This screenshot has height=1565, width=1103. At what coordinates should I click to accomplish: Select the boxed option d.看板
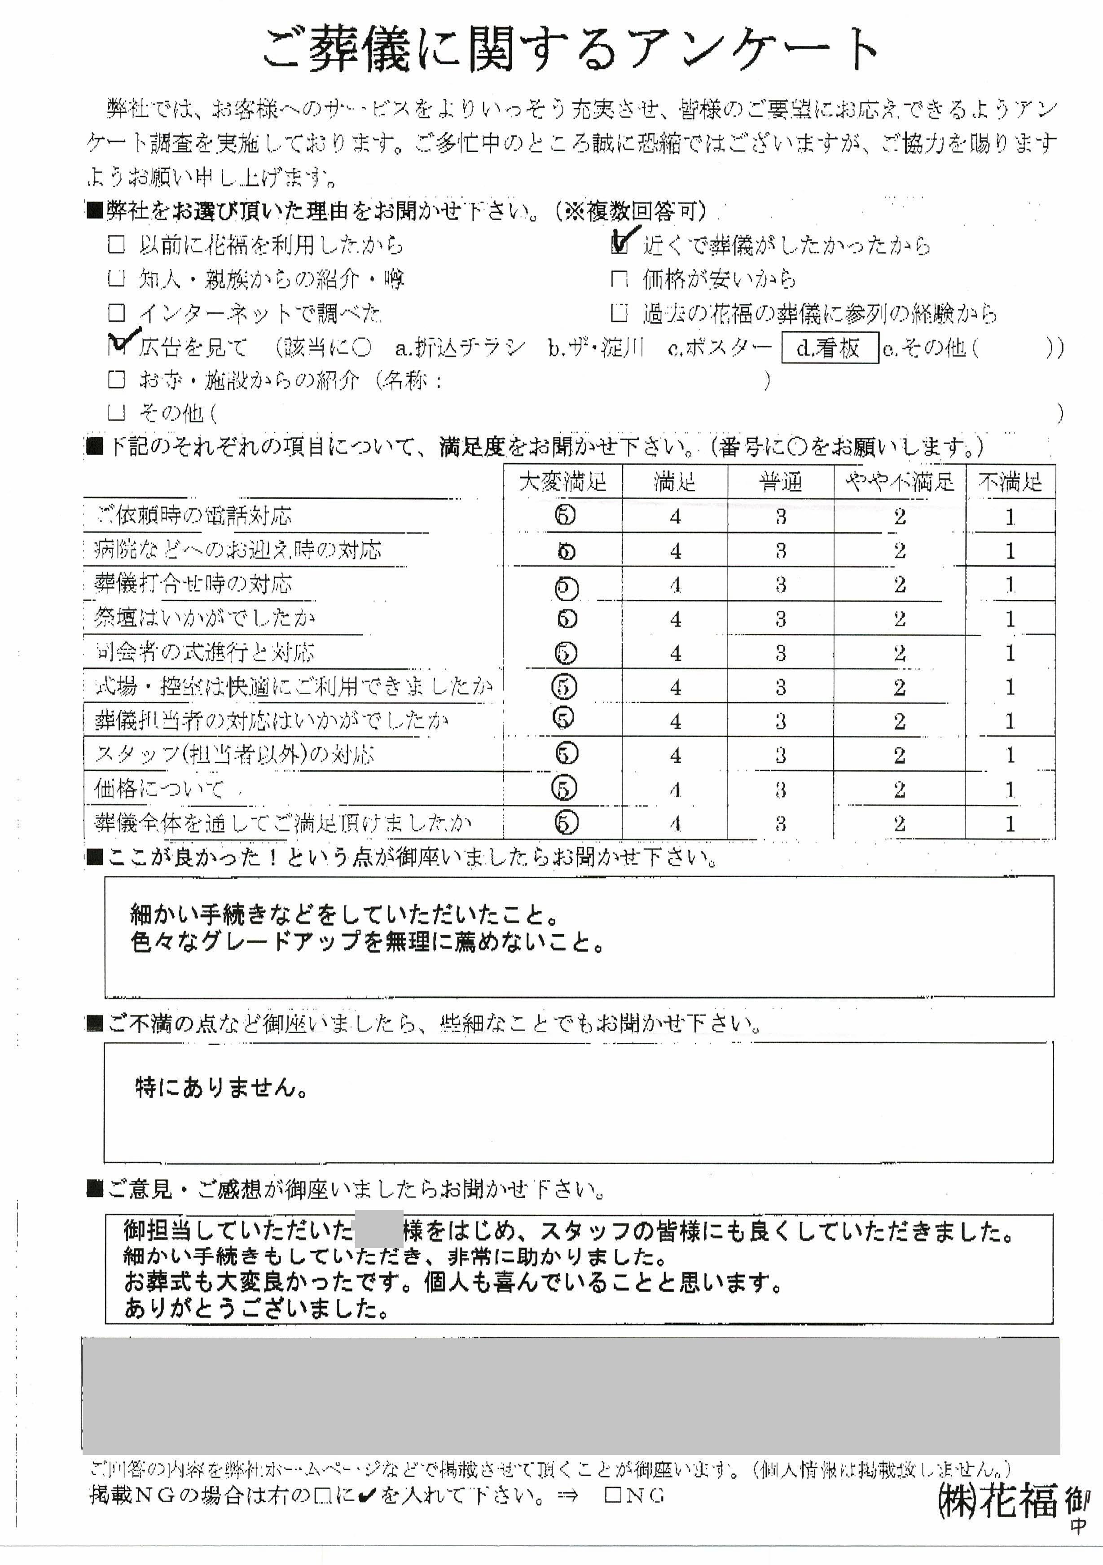tap(829, 347)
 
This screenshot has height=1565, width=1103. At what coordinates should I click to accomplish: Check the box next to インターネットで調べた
tap(117, 313)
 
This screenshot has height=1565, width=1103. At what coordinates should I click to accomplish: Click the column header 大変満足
tap(562, 482)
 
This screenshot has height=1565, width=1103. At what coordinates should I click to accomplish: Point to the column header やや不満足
tap(899, 482)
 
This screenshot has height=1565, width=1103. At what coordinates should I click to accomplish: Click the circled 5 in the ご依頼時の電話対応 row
tap(564, 515)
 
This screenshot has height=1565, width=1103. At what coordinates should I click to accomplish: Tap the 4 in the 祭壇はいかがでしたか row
tap(675, 619)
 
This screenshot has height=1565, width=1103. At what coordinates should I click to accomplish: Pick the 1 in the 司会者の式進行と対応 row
tap(1010, 653)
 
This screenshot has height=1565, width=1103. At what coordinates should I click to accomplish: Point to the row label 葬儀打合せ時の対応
tap(193, 584)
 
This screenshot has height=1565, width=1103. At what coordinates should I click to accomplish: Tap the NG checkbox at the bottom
tap(613, 1495)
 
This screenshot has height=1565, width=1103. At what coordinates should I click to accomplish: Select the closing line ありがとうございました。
tap(256, 1308)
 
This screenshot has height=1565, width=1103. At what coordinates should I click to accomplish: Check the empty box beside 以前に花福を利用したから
tap(117, 245)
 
